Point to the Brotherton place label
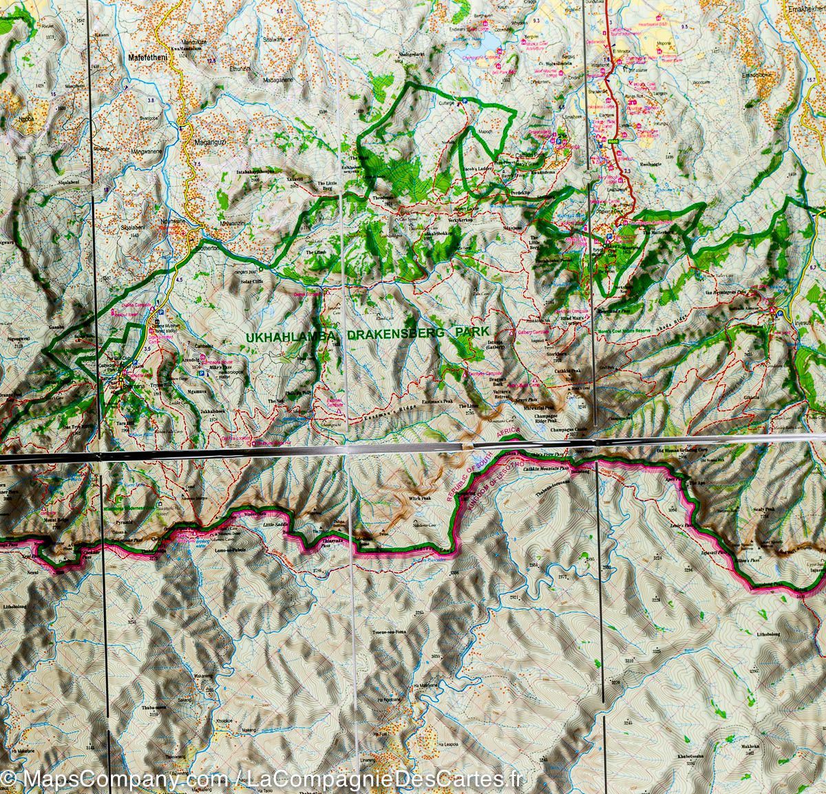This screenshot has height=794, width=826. click(204, 249)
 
